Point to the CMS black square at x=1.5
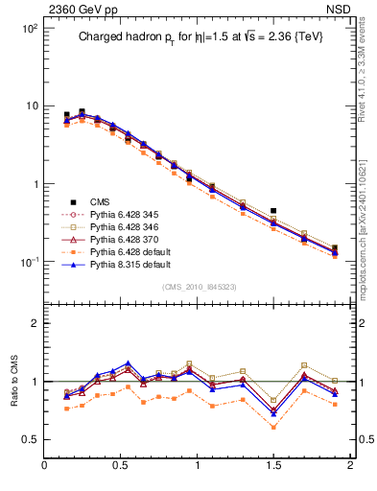(x=273, y=210)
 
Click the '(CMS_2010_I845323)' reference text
(x=196, y=286)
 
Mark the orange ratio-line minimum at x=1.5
(x=273, y=427)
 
